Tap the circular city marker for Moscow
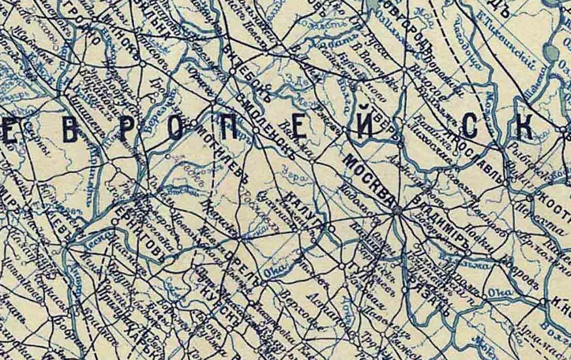(x=397, y=211)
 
